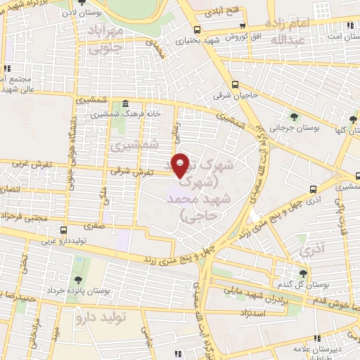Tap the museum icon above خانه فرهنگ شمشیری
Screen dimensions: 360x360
point(125,102)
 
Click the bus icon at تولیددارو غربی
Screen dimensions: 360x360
point(64,229)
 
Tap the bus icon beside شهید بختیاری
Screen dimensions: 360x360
point(198,29)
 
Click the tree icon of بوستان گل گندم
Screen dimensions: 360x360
point(303,274)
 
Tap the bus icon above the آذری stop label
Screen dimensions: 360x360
point(313,189)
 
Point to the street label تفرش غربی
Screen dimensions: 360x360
point(27,163)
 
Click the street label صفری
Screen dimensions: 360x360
point(93,226)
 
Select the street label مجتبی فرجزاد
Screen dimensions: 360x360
point(26,218)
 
